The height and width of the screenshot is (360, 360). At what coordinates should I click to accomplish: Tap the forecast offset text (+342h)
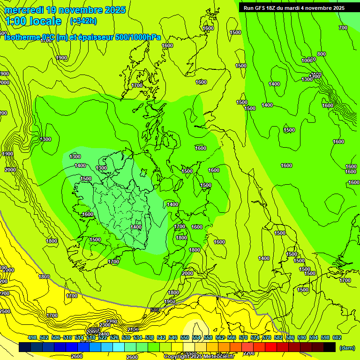click(83, 21)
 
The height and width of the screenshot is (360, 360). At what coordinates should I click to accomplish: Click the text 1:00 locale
click(33, 21)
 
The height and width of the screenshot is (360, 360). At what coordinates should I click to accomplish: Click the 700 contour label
click(343, 28)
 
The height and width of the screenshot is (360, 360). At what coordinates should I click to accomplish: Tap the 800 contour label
click(321, 54)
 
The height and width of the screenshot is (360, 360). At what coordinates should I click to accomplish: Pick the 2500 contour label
click(5, 311)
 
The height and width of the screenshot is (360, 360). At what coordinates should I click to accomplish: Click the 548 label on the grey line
click(155, 310)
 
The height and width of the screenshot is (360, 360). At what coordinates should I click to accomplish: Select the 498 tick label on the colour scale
click(32, 337)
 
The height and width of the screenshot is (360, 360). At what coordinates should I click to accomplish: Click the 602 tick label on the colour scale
click(337, 337)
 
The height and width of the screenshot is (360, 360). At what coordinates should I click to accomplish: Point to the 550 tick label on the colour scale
click(185, 337)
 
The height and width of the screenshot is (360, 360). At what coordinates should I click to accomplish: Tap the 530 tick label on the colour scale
click(126, 337)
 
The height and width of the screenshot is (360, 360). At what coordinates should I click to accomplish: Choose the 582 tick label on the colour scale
click(278, 337)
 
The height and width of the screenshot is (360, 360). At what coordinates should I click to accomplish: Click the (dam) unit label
click(347, 348)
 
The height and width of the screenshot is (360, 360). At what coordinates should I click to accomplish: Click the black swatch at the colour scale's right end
click(330, 347)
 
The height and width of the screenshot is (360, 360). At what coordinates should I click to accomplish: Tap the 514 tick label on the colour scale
click(79, 337)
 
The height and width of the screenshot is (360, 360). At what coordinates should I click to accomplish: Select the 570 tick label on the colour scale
click(243, 337)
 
